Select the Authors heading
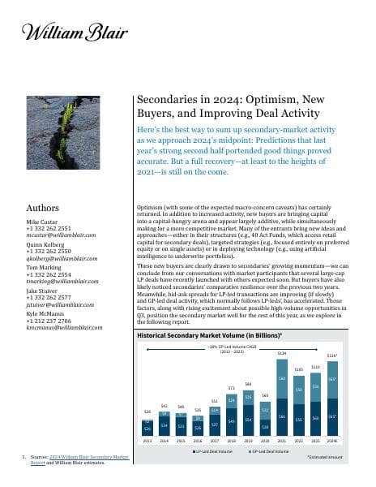coord(43,208)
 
